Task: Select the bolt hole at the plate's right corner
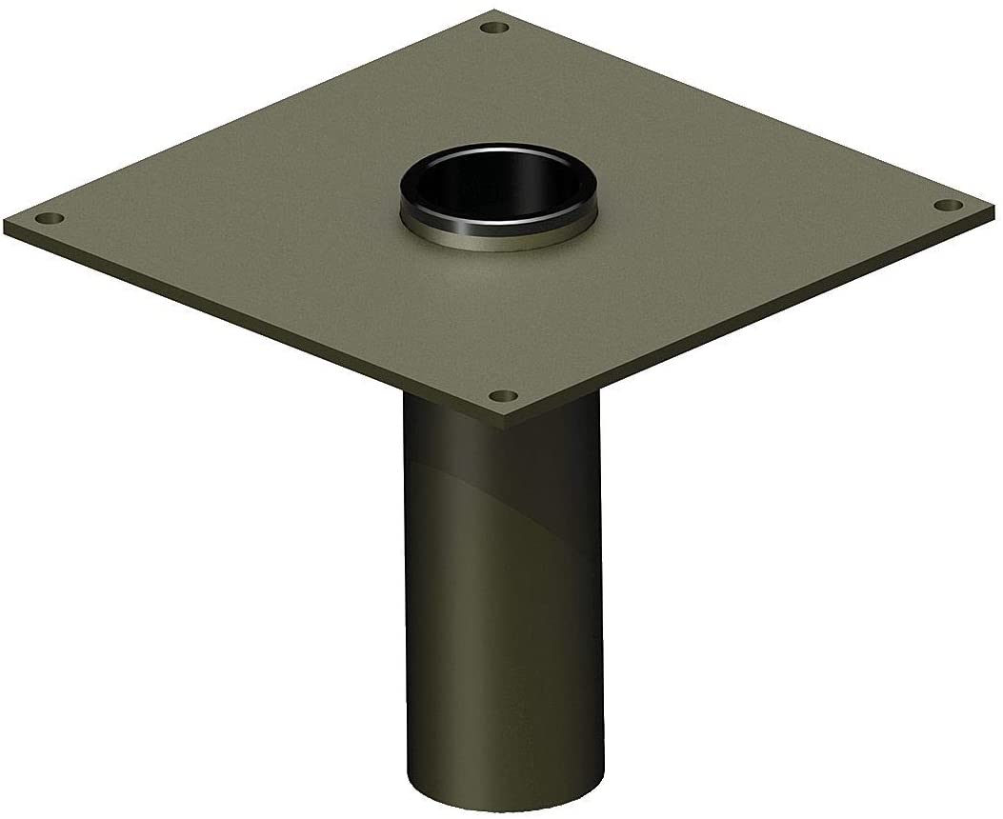point(946,205)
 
